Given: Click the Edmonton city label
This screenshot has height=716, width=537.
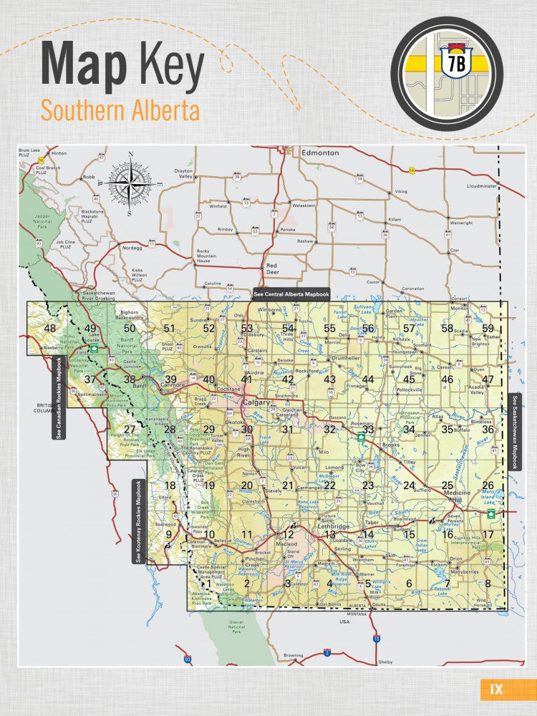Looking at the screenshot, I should [319, 153].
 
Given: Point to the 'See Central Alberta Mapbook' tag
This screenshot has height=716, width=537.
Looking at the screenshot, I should [291, 293].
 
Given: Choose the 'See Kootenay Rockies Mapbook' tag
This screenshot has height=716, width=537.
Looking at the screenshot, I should [138, 521].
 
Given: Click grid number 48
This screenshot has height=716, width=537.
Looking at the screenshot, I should [49, 329].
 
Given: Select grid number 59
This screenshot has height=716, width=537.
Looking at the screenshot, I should [488, 329].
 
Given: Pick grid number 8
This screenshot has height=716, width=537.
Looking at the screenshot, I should [488, 584].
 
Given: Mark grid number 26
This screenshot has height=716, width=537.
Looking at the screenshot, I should [488, 485].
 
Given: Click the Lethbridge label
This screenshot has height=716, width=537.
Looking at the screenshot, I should [331, 526].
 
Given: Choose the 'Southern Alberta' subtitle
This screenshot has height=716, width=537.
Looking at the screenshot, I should [120, 111].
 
